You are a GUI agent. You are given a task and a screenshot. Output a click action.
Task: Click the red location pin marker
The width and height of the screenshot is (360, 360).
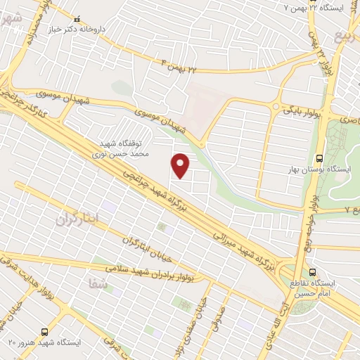click(181, 165)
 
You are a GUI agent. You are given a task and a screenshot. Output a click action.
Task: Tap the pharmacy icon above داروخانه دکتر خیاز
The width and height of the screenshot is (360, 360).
click(77, 20)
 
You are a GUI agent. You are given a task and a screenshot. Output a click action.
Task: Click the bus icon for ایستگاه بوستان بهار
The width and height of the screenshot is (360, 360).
click(320, 157)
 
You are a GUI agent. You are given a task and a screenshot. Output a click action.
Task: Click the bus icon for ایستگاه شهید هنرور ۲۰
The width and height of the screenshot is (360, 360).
click(45, 331)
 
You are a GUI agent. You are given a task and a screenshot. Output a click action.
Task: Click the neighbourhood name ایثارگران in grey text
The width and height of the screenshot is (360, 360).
click(78, 219)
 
